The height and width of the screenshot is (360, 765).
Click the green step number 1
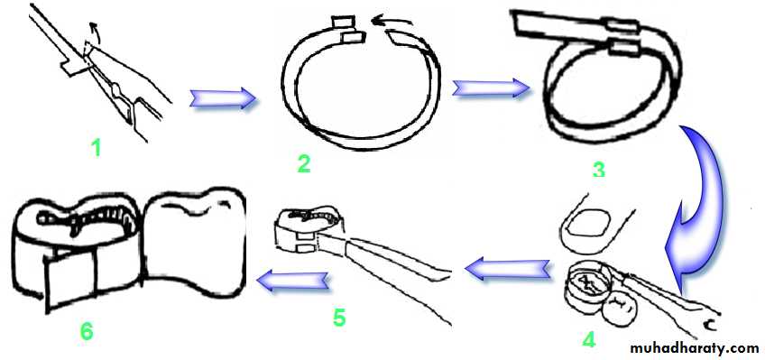point(97,146)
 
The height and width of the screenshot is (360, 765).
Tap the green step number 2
point(303,163)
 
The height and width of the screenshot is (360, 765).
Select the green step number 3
point(598,169)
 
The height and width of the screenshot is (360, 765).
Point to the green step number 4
point(589,338)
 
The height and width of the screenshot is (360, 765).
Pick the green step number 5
point(338,318)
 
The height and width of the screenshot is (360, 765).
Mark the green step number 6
point(87,332)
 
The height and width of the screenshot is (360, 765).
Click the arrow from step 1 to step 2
point(223,99)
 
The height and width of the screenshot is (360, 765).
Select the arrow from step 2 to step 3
point(492,88)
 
